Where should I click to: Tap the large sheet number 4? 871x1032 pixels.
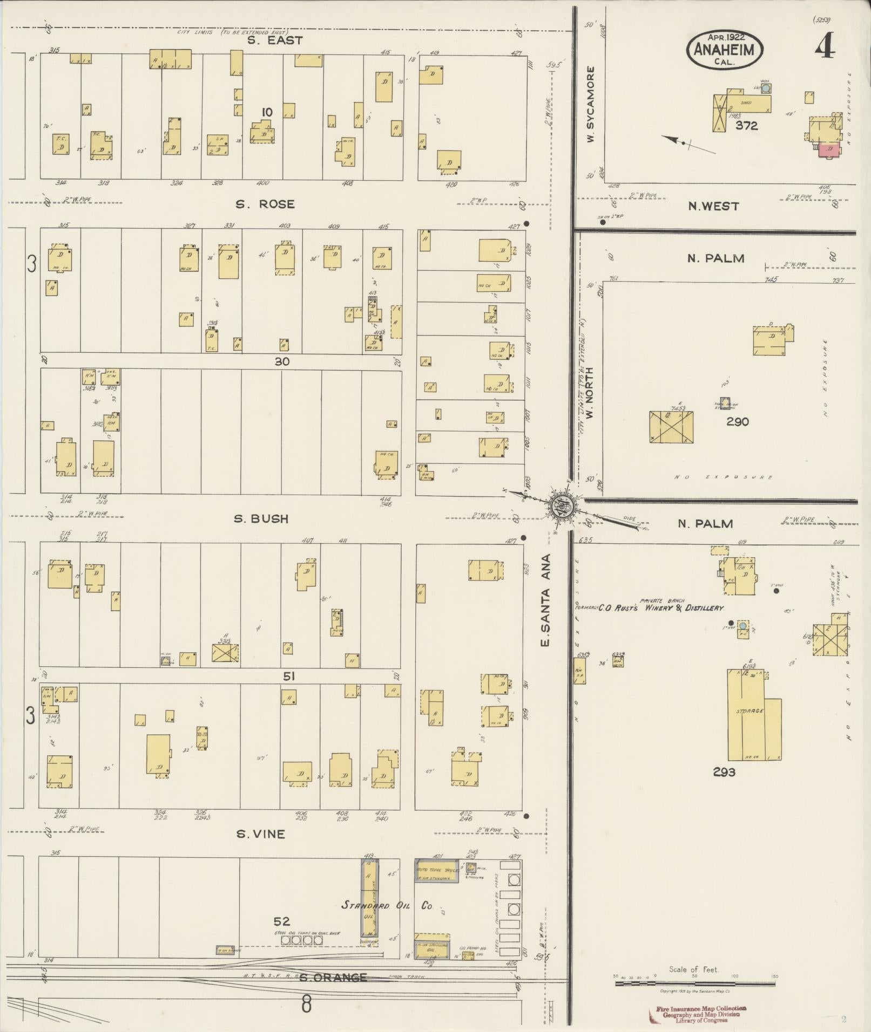pos(824,47)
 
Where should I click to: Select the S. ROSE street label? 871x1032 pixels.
pos(265,204)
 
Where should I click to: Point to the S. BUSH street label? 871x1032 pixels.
pos(261,518)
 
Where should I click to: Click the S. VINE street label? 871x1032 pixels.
pos(260,834)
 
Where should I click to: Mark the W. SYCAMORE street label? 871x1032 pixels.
pos(591,105)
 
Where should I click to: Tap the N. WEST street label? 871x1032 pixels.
pos(713,206)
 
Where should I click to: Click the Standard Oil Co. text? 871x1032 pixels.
pos(387,905)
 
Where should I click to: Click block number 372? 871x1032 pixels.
pos(746,126)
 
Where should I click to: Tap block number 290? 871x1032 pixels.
pos(737,421)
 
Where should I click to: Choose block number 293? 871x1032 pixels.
pos(724,773)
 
